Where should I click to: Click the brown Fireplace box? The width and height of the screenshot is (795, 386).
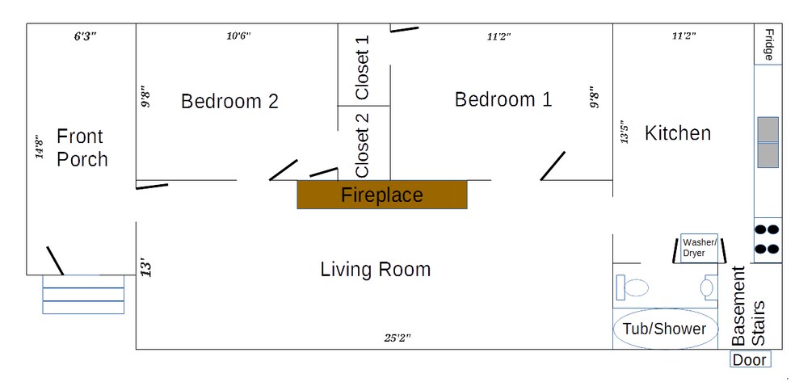coord(382,195)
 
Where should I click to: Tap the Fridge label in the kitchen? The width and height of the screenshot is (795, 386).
coord(769,44)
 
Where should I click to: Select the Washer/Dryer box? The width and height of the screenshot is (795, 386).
coord(699,248)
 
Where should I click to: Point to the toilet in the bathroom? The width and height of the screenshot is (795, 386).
coord(633,287)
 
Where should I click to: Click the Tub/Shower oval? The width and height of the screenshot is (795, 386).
coord(665,329)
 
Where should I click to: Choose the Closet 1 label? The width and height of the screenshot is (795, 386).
coord(363,67)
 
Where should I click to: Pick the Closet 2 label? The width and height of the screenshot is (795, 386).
coord(363,145)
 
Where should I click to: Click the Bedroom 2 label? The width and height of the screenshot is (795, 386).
coord(229,101)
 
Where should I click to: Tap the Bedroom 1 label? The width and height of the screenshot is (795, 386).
coord(503,99)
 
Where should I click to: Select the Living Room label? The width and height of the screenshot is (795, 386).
coord(376,269)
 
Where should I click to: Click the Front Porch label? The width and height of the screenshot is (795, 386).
coord(82,148)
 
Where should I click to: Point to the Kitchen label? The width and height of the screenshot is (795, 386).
coord(677,133)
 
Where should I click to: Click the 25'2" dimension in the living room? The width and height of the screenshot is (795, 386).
coord(397,338)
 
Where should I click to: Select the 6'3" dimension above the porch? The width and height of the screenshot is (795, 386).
coord(85,36)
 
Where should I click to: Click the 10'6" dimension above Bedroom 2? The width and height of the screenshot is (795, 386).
coord(238,36)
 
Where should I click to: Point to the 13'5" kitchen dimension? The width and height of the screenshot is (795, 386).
coord(625,132)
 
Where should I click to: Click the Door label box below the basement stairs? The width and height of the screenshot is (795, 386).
coord(751,359)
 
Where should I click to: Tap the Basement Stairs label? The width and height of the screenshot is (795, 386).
coord(748,306)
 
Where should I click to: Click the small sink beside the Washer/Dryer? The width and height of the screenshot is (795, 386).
coord(709,287)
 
